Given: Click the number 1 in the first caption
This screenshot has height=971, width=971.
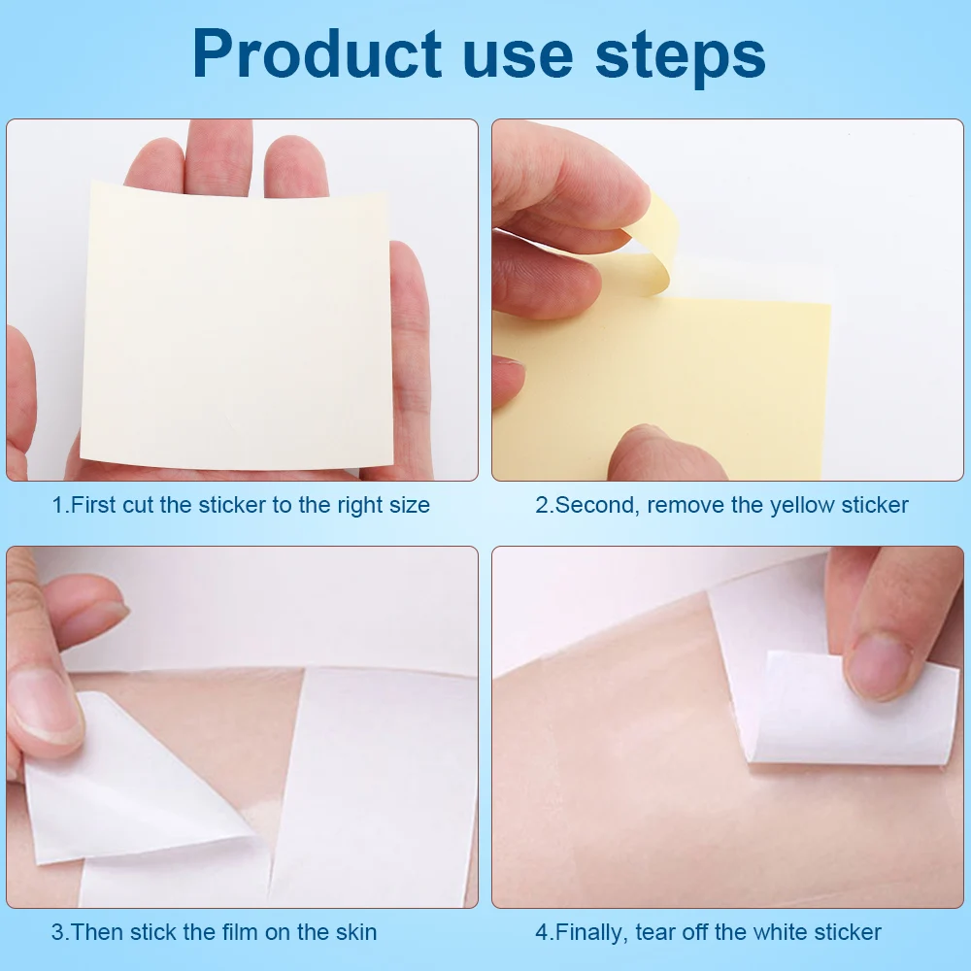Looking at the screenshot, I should tap(56, 505).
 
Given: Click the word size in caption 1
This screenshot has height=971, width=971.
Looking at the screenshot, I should tap(408, 505).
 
